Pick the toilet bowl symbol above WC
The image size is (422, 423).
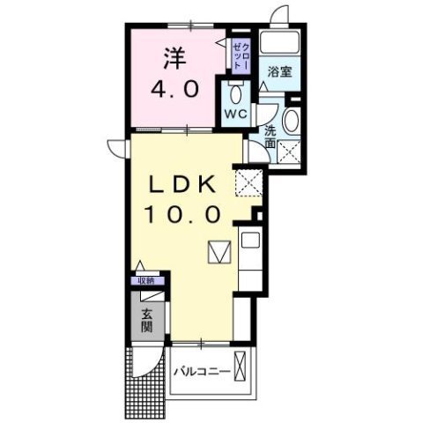(x=235, y=93)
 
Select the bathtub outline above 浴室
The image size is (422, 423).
(x=282, y=46)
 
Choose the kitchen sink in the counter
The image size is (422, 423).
(x=248, y=240)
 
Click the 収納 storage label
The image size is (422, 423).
(x=145, y=280)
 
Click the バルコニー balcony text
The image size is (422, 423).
(x=202, y=371)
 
